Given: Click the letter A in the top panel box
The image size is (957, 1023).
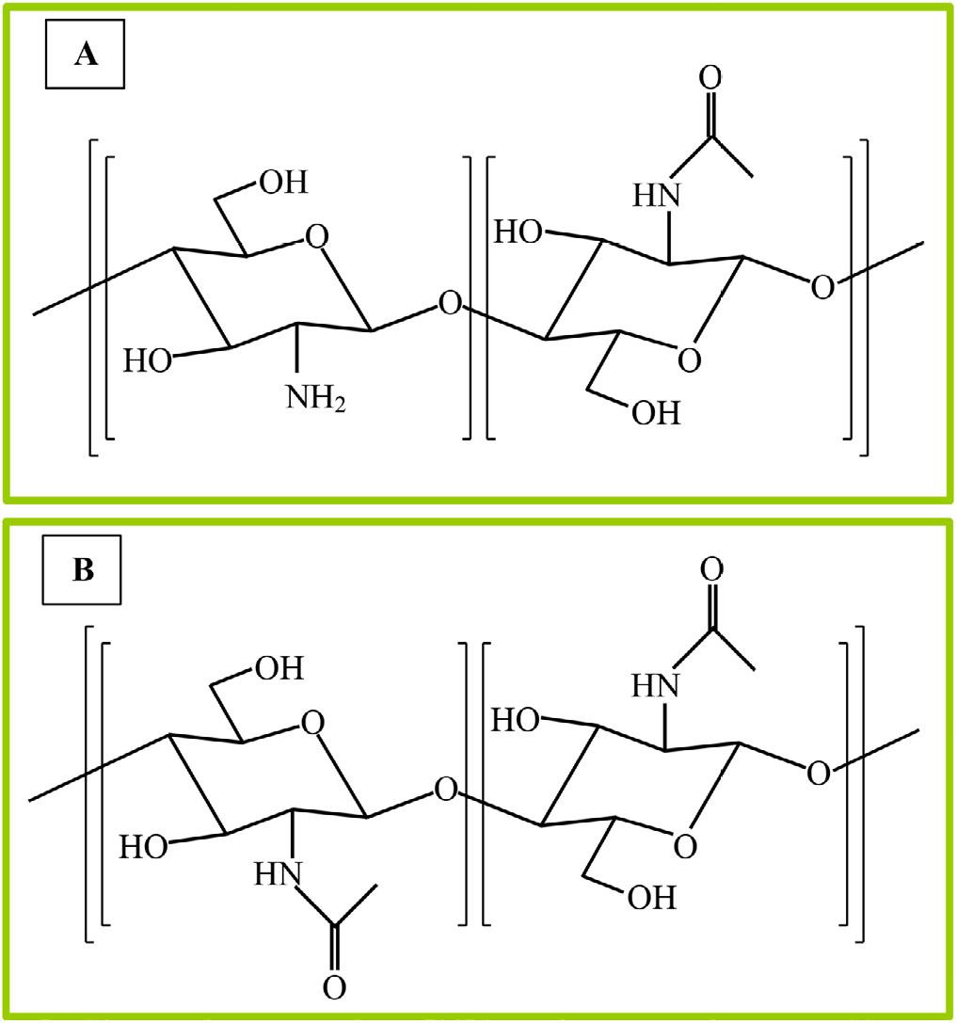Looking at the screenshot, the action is point(87,55).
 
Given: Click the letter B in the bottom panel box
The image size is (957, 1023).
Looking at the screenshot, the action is point(84,570).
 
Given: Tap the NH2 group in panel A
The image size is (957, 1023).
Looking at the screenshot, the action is point(316,398).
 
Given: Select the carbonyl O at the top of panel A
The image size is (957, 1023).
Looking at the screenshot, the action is point(710,77).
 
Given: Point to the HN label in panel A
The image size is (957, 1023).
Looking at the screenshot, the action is point(657,195).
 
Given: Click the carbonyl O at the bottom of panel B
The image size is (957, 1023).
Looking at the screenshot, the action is point(335,987).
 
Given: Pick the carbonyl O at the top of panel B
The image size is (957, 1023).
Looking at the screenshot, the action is point(711,569).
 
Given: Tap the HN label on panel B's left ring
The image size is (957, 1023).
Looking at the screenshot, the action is point(279,874).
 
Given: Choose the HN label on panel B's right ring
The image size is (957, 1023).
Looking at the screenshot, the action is point(656,686).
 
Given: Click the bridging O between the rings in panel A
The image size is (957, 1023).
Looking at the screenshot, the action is point(450,303).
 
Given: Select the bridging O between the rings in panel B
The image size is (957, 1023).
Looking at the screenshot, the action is point(446,790).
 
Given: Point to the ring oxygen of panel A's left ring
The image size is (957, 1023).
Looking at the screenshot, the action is point(317,237).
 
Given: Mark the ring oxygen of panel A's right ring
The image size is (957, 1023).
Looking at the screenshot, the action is point(690,360).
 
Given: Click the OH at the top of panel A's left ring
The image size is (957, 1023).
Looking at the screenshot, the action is point(284,182).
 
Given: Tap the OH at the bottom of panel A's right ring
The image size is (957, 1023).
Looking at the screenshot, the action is point(656,413).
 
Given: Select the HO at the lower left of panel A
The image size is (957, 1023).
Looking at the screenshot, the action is point(148,360).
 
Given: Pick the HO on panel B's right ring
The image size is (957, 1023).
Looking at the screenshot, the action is point(516,720).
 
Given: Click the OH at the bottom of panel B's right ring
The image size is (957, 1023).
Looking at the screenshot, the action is point(652,899).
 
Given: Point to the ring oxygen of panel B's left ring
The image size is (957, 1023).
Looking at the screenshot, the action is point(313,723).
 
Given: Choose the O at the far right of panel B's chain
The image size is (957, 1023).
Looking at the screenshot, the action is point(819,773).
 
